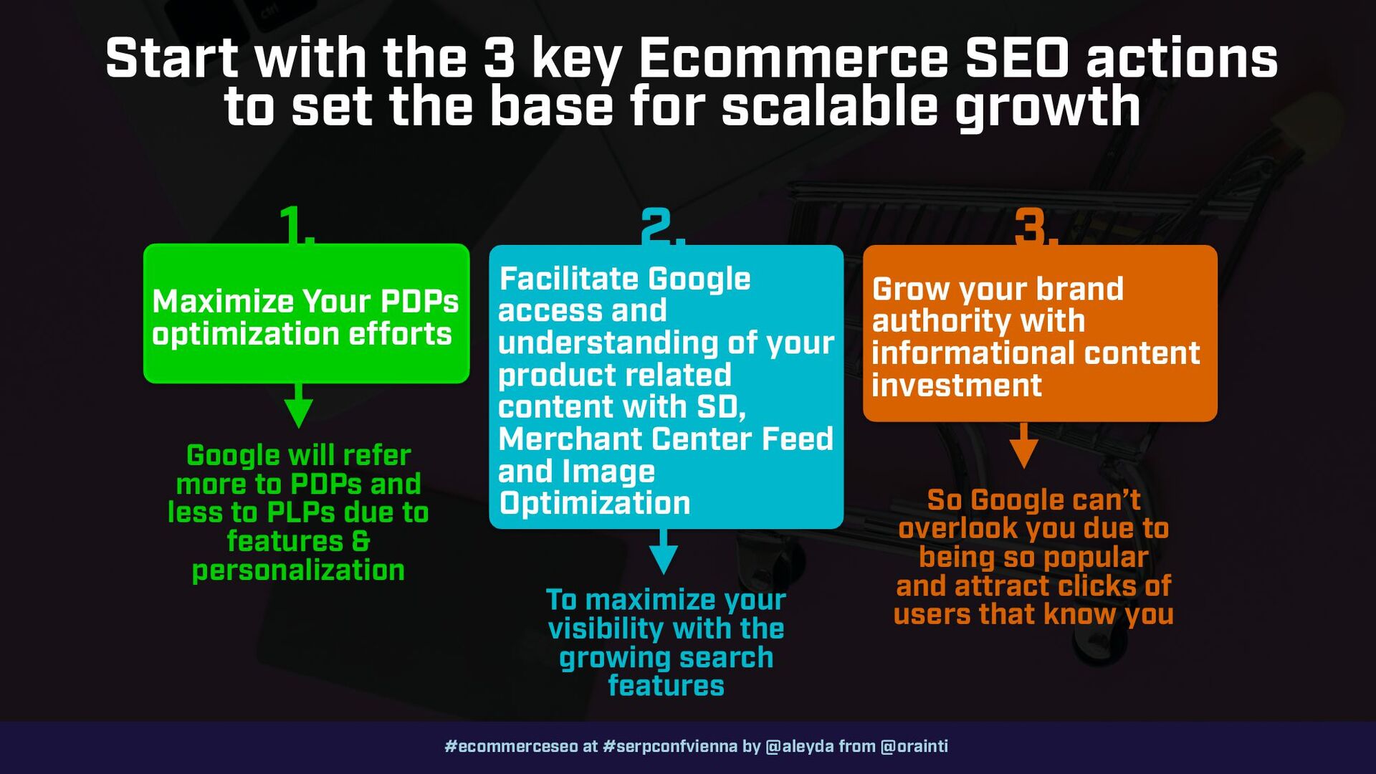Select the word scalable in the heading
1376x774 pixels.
[x=830, y=106]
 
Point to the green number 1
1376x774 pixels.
[x=296, y=225]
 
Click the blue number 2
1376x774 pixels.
[x=662, y=226]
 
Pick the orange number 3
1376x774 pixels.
[x=1036, y=226]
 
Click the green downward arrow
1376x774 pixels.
[x=299, y=406]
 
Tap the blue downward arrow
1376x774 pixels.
[x=664, y=552]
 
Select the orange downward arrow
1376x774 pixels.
[x=1024, y=445]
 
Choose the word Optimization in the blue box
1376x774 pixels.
[x=595, y=503]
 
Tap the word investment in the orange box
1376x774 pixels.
[x=957, y=386]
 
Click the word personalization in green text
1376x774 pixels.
[x=298, y=570]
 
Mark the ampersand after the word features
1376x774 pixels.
[x=361, y=541]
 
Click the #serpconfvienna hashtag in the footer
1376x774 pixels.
[x=670, y=746]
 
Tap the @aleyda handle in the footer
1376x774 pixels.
[x=800, y=746]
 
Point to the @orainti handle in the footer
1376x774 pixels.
[x=914, y=746]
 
